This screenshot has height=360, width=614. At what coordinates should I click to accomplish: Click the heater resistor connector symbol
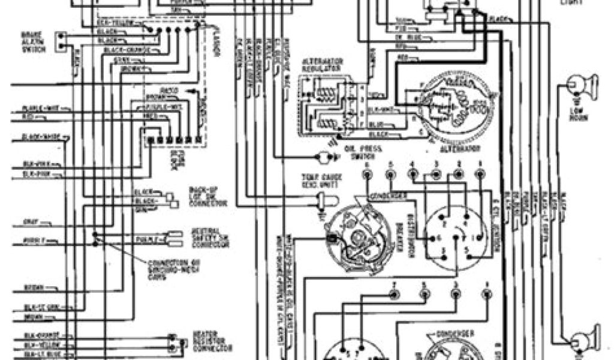click(174, 343)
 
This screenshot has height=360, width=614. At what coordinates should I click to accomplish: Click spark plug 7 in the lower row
click(393, 294)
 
